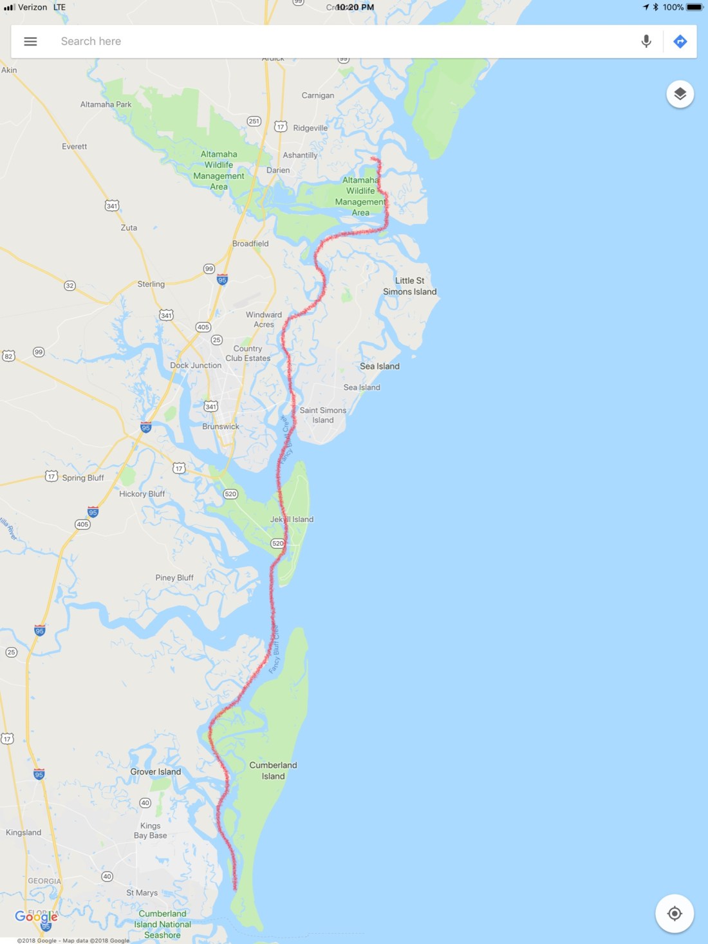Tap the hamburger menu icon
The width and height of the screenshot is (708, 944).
[x=30, y=41]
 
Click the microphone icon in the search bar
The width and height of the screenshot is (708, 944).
[x=646, y=41]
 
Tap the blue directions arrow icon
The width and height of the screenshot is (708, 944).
[x=680, y=41]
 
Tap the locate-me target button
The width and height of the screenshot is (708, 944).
[x=674, y=913]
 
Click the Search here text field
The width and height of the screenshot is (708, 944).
[x=322, y=41]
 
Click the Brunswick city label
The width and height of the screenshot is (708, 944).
[x=221, y=427]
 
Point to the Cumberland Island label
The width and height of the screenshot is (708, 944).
[x=273, y=770]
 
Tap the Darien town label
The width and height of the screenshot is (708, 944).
[x=278, y=171]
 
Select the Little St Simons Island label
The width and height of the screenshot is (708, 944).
[x=410, y=286]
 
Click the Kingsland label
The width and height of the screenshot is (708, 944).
[x=24, y=833]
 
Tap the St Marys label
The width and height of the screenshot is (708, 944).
[x=142, y=893]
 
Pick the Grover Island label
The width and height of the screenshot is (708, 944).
[x=156, y=772]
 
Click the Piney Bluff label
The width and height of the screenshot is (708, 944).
[x=174, y=578]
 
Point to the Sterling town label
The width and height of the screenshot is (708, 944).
[x=151, y=284]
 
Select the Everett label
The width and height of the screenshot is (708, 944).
[x=75, y=147]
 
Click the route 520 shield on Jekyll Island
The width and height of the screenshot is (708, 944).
[x=277, y=543]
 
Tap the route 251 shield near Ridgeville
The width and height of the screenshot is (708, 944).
[x=254, y=121]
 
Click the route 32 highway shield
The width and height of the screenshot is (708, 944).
[x=70, y=285]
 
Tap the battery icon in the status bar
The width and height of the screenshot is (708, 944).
[x=695, y=7]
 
